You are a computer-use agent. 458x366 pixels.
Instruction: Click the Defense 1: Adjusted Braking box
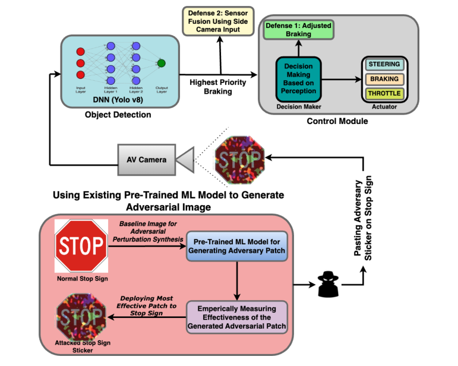tap(298, 30)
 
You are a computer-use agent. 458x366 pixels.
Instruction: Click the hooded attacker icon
tap(327, 284)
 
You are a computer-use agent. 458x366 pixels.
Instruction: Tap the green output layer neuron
tap(162, 63)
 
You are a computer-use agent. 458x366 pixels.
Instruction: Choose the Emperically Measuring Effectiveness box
tap(237, 316)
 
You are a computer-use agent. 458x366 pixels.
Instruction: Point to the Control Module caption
tap(338, 122)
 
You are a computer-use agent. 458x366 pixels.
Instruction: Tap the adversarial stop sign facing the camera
tap(239, 158)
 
